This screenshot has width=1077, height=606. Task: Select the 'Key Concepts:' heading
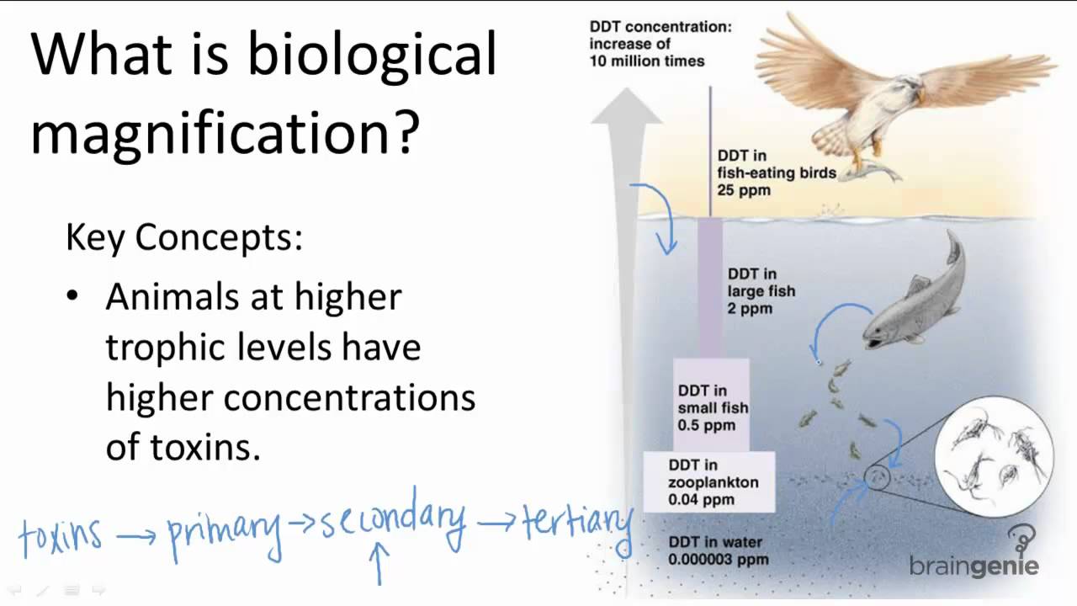184,238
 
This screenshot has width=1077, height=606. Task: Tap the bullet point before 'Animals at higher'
72,297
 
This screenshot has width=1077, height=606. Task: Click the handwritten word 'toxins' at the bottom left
61,534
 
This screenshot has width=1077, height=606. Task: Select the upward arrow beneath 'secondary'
379,562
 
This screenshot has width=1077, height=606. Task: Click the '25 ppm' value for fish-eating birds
744,190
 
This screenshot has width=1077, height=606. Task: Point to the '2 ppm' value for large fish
750,309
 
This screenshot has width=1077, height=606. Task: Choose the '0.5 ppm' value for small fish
707,425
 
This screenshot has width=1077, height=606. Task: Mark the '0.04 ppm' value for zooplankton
701,500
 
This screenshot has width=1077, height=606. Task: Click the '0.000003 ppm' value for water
718,559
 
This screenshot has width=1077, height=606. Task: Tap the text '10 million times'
647,61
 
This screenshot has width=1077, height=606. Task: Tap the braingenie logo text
974,566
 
